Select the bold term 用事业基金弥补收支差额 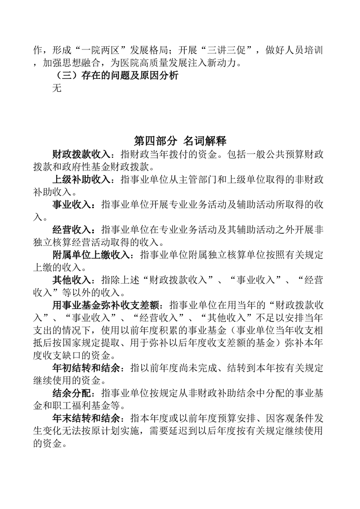109,305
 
